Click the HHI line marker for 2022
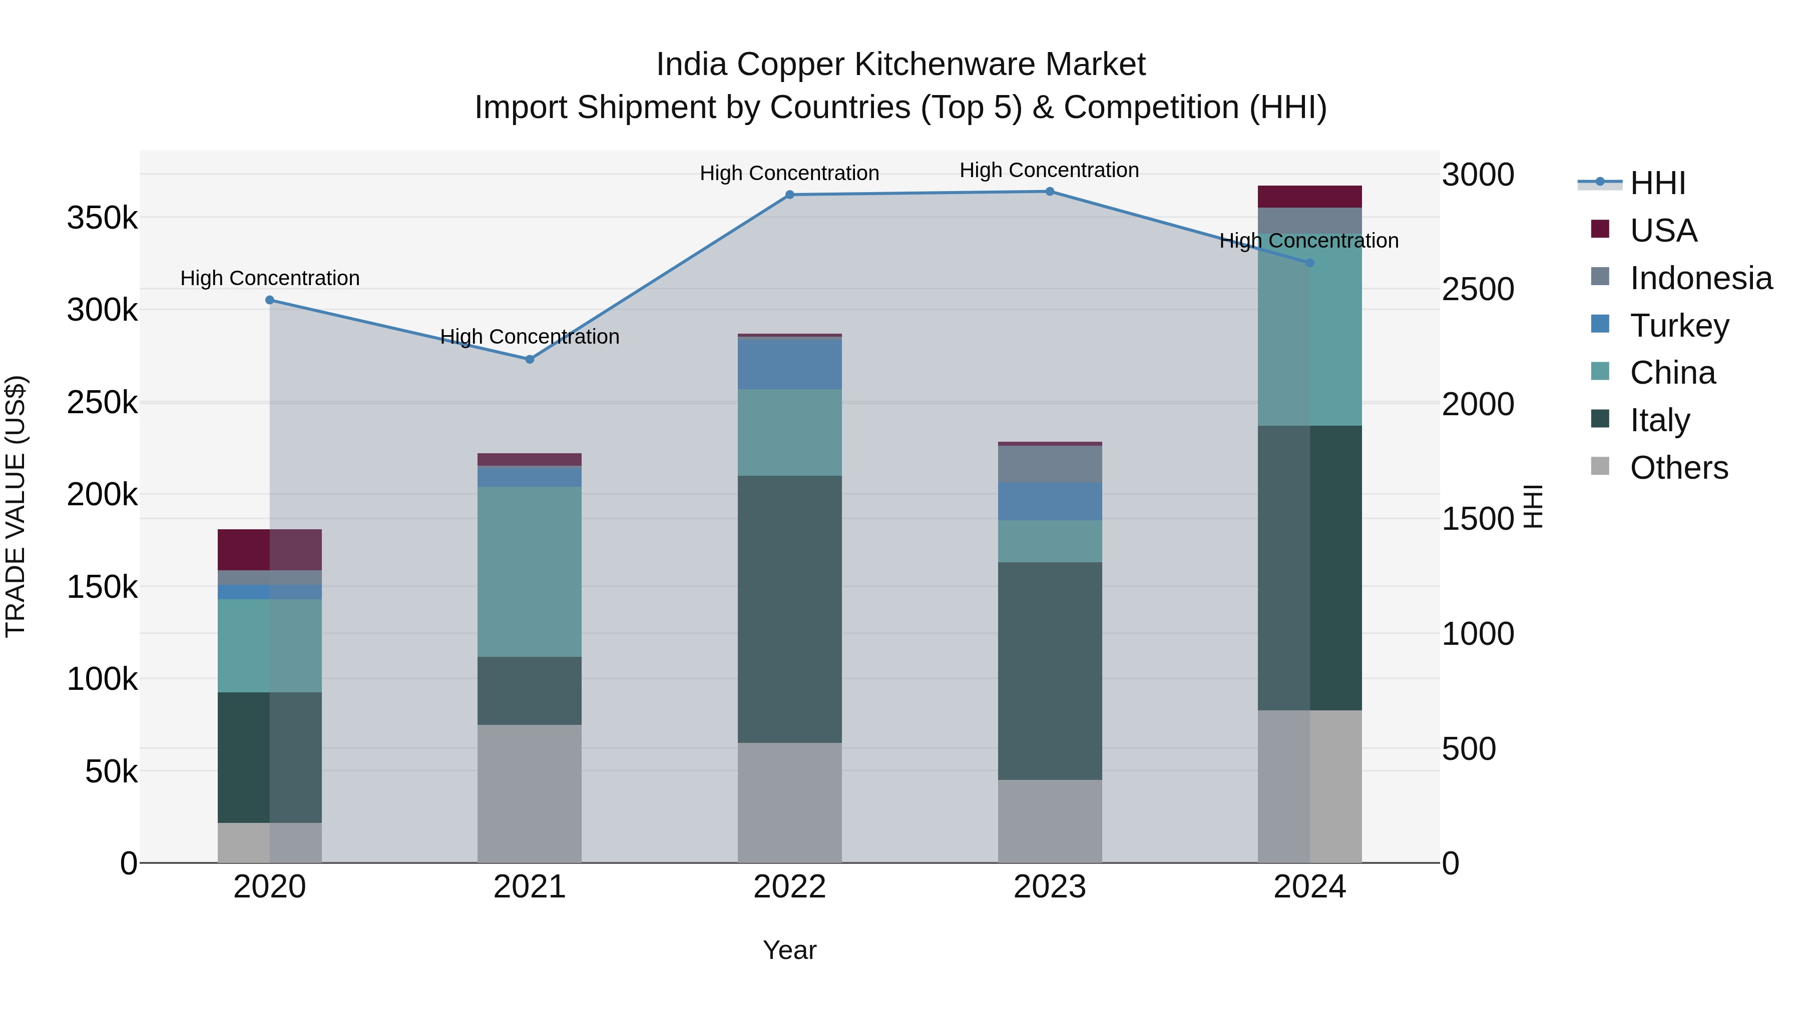[790, 195]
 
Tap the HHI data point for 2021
[530, 359]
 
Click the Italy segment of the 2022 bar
[790, 609]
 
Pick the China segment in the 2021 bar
[530, 571]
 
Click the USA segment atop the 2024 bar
[1309, 197]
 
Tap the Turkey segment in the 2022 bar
[790, 364]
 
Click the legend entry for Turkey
[1679, 326]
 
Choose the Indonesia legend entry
[1700, 278]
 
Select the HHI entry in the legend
[1657, 183]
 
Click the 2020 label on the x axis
[269, 887]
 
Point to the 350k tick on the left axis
[102, 218]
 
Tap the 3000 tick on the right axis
[1478, 175]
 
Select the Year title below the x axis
[790, 950]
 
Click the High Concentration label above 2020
[270, 278]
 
